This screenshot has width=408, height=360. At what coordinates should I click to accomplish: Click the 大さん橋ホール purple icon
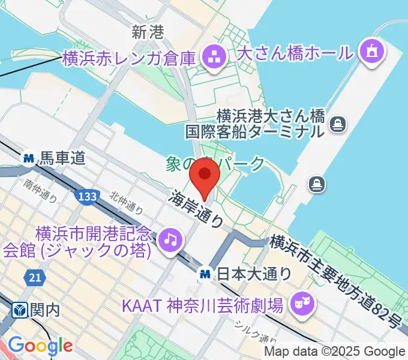click(x=371, y=52)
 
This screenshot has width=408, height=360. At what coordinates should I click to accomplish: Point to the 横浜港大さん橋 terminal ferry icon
click(x=338, y=124)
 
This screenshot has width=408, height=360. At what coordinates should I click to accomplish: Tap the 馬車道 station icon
click(x=28, y=159)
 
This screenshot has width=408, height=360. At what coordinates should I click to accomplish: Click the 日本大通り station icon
click(x=205, y=274)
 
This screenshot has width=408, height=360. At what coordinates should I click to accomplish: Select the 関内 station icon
click(x=19, y=310)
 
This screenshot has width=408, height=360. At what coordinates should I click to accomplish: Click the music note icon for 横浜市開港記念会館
click(x=170, y=240)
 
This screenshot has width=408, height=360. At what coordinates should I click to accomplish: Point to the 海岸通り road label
click(x=196, y=209)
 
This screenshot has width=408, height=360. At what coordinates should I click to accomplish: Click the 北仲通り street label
click(x=126, y=202)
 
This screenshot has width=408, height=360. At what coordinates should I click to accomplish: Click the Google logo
click(x=40, y=346)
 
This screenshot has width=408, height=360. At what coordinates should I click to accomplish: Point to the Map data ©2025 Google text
click(x=335, y=352)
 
